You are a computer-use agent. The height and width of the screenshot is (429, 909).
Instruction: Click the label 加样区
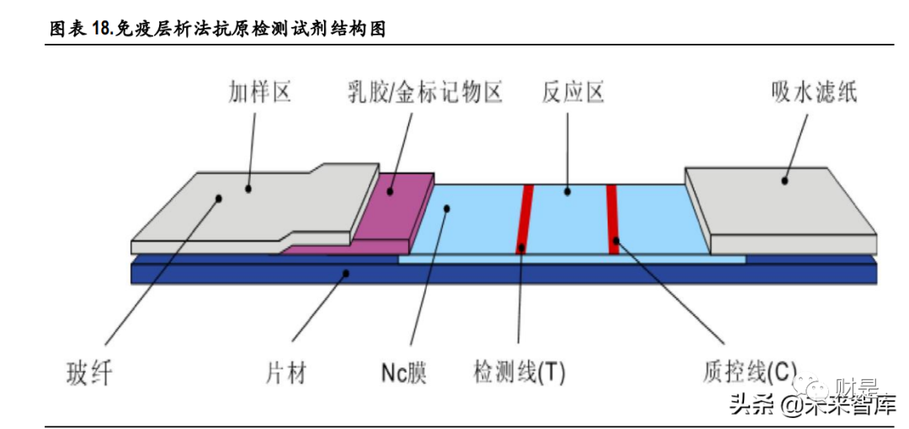click(260, 90)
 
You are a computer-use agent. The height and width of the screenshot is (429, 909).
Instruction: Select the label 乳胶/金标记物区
click(424, 91)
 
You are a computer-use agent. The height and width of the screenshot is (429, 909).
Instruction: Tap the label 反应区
click(573, 91)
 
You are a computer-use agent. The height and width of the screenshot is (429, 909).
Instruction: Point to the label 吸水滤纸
click(813, 91)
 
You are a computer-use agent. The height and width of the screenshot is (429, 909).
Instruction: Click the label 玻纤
click(88, 372)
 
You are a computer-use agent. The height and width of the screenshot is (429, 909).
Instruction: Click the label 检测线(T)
click(519, 372)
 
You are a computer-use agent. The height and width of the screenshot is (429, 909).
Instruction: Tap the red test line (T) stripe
click(524, 219)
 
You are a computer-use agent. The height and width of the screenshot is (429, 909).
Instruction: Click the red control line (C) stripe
click(613, 219)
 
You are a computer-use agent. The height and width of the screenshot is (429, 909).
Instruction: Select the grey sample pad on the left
click(252, 206)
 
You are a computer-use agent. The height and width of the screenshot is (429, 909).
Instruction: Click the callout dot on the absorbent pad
click(784, 178)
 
